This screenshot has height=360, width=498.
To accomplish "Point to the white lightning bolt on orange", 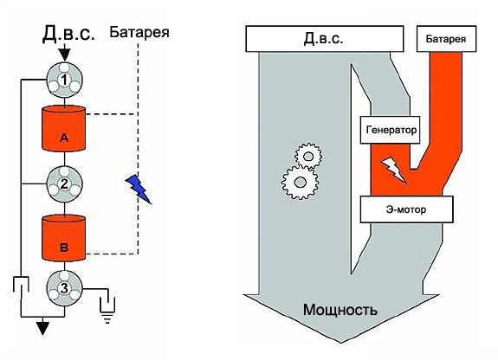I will [x=393, y=170].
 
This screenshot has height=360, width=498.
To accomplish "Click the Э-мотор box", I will [x=404, y=209].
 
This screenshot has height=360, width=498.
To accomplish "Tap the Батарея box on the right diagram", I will [x=449, y=39].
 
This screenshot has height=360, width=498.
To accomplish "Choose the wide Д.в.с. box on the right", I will [x=326, y=39].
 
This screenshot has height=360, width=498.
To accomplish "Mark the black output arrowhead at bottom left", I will [x=38, y=326].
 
